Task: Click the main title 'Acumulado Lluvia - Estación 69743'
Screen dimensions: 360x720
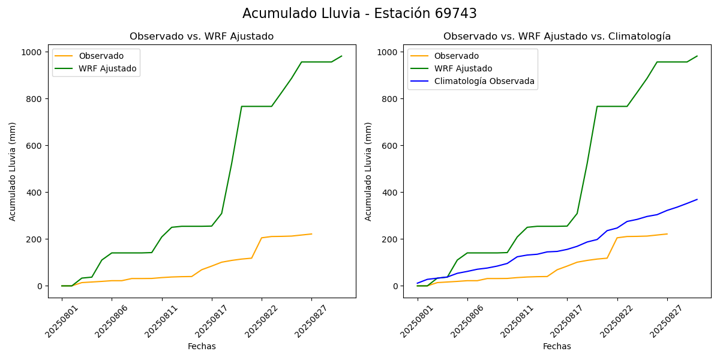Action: [359, 14]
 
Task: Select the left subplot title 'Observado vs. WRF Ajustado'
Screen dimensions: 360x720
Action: [202, 37]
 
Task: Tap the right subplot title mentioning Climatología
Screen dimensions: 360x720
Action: [557, 37]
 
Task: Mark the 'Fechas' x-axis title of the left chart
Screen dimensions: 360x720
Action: [202, 347]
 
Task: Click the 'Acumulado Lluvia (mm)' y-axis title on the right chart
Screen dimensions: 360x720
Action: [368, 172]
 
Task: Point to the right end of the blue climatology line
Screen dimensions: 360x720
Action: [697, 199]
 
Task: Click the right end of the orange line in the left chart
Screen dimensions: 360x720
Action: [311, 234]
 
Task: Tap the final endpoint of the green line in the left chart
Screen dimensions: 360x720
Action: [341, 56]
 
